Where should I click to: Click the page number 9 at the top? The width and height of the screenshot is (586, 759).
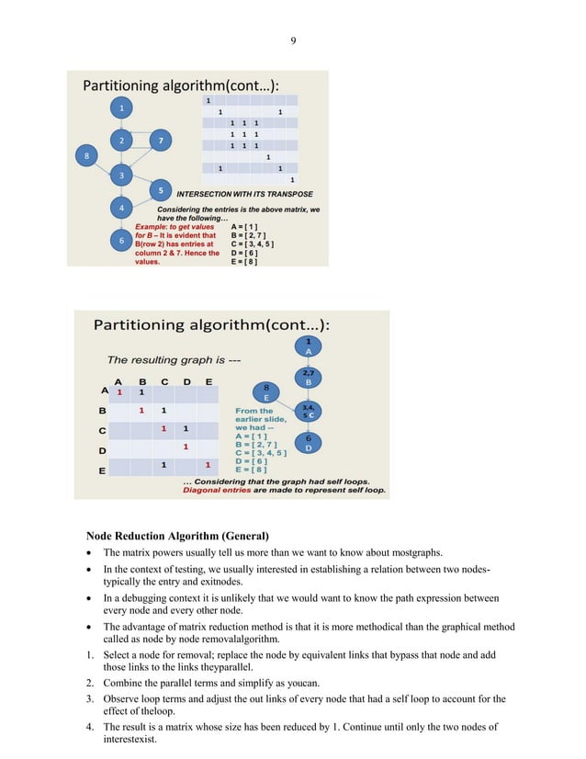point(293,40)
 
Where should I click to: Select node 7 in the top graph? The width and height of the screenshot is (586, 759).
point(161,141)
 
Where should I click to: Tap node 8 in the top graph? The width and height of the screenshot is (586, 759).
point(87,157)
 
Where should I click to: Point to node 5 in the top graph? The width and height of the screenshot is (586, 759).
point(161,190)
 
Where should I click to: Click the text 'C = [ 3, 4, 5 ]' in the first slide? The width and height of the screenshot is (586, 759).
point(254,244)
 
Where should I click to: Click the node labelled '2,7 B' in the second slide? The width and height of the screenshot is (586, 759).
point(309,377)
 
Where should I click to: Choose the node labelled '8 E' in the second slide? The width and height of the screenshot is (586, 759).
point(265,392)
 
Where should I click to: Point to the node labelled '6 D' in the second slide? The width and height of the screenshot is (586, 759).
point(309,443)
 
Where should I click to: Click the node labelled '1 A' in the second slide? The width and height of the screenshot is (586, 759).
point(309,346)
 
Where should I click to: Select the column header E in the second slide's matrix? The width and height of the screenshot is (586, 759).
point(209,381)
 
